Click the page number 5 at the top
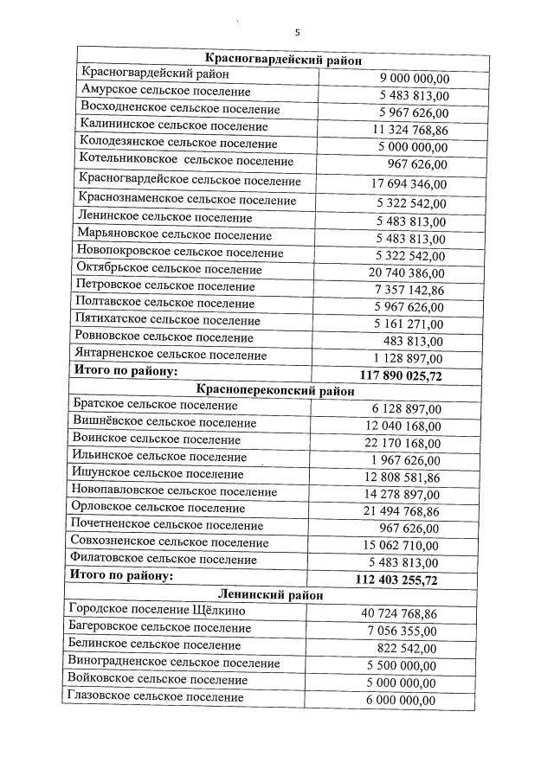(297, 33)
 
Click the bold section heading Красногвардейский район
(283, 59)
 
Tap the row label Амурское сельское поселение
(165, 91)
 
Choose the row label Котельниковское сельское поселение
(186, 161)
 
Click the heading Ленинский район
(271, 595)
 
